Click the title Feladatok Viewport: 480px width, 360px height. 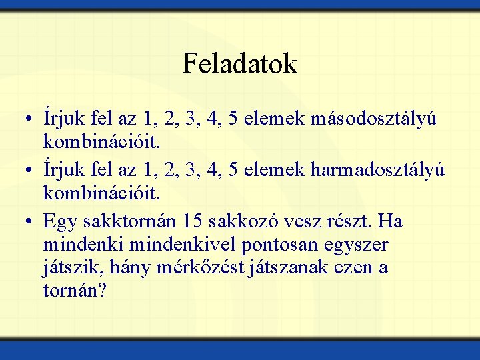click(x=239, y=64)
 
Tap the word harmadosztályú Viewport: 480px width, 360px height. click(x=377, y=170)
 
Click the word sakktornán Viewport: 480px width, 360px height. click(x=127, y=221)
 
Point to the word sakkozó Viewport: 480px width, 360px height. click(x=244, y=221)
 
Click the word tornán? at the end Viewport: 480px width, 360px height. click(x=75, y=291)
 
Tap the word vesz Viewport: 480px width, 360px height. click(x=297, y=221)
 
